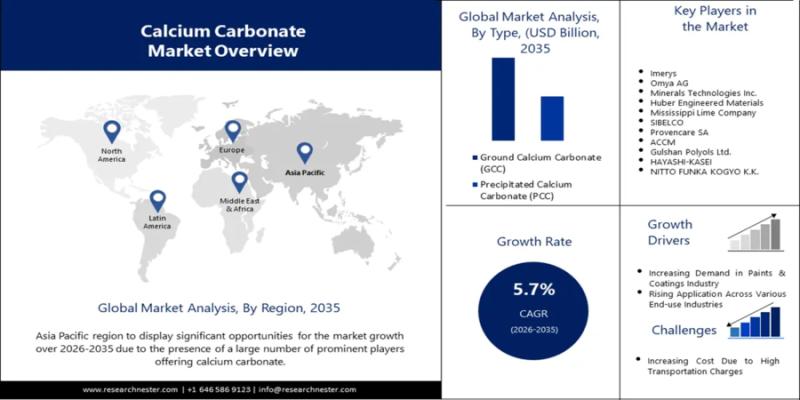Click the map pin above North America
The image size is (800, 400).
111,131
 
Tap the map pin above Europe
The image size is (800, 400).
233,131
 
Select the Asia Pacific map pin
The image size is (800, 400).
305,152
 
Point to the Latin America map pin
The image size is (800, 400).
157,200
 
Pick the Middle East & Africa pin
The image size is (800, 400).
239,182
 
